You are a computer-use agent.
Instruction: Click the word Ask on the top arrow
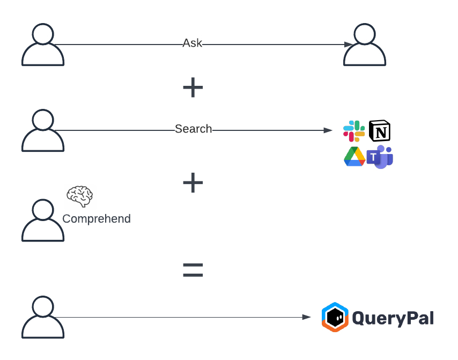(193, 43)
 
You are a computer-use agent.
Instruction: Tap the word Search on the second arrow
(194, 129)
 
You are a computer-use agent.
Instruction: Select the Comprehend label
(97, 219)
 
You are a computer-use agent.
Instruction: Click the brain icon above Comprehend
(80, 196)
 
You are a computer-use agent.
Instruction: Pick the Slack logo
(354, 131)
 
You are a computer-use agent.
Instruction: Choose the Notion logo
(380, 131)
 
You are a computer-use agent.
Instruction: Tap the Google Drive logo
(354, 156)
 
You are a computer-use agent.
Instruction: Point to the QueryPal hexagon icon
(335, 317)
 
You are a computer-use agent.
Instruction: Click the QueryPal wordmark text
(393, 318)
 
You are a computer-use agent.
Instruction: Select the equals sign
(193, 270)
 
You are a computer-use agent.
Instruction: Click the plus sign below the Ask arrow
(193, 87)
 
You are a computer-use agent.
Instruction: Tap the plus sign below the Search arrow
(193, 183)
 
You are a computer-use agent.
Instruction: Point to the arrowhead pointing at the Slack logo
(328, 130)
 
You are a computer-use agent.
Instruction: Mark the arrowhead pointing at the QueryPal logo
(307, 317)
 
